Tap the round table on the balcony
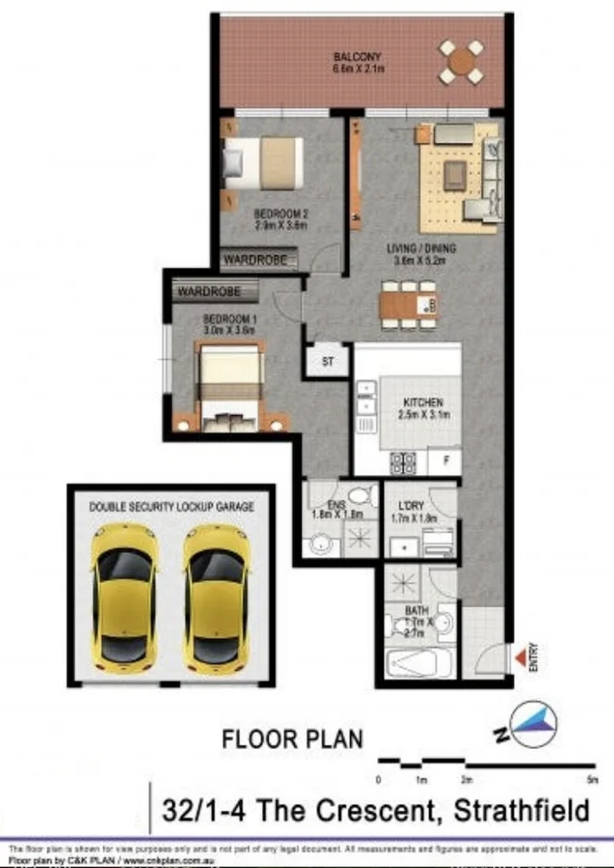462,61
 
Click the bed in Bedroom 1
229,386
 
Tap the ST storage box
328,361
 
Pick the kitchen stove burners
402,463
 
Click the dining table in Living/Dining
408,304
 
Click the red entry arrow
519,661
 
